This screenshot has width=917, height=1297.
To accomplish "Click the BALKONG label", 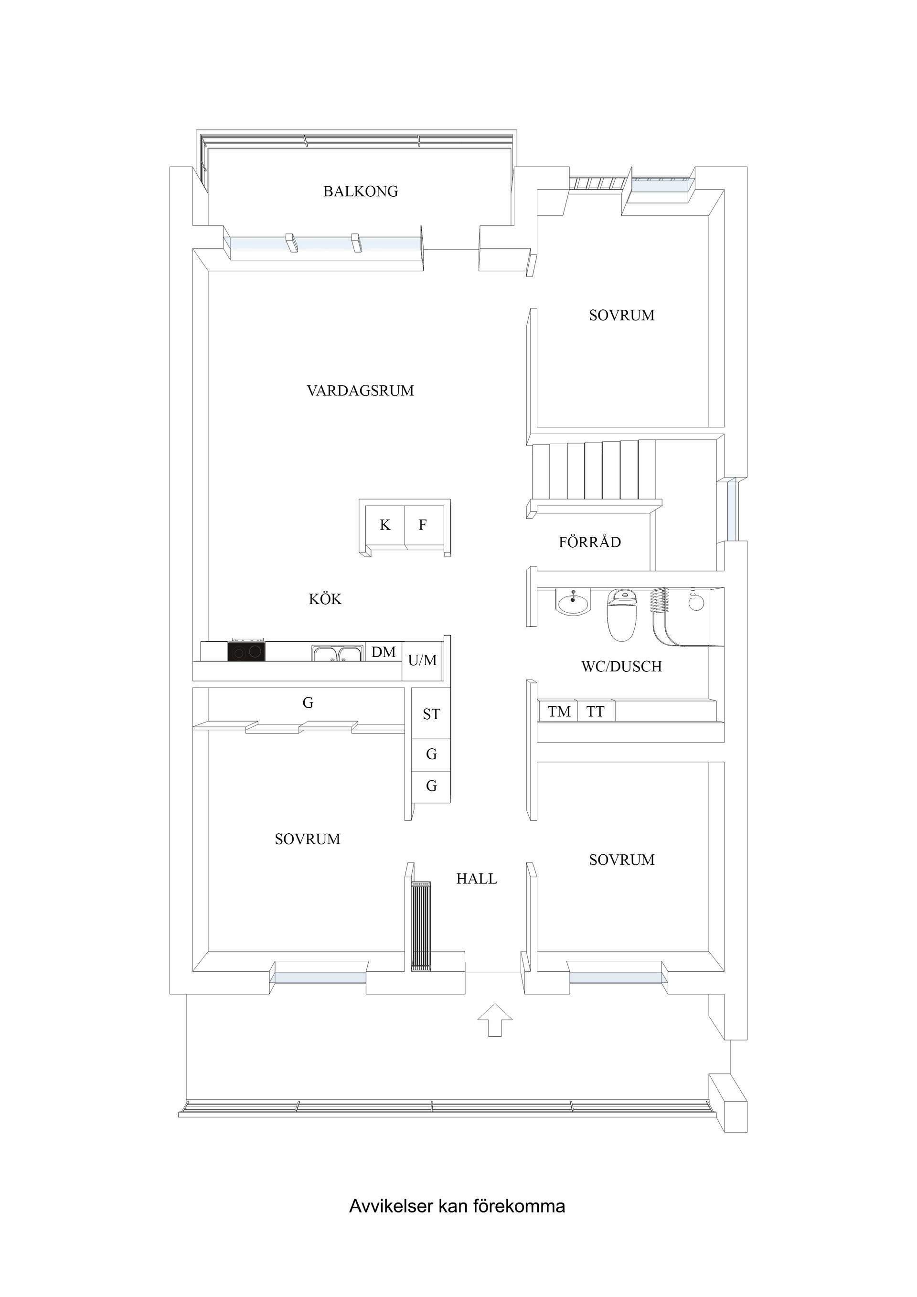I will [x=361, y=191].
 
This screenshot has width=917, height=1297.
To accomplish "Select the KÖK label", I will [x=325, y=599].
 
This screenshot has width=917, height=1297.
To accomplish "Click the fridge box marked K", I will [x=385, y=525].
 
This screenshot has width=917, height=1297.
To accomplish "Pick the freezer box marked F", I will [x=423, y=525].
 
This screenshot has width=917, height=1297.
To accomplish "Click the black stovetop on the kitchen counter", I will [x=246, y=651].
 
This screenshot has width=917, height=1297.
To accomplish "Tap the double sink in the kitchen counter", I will [x=337, y=654].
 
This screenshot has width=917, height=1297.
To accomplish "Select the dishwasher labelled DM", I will [x=384, y=652].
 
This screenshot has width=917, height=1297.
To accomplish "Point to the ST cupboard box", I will [x=431, y=714].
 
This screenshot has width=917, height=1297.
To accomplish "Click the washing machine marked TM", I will [x=559, y=711].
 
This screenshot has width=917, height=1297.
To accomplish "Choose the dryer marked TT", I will [x=596, y=711].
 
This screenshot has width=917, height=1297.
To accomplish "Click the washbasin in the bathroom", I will [x=574, y=603].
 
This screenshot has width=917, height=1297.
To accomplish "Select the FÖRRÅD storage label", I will [x=590, y=542].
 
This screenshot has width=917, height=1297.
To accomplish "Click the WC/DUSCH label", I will [x=621, y=667].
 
